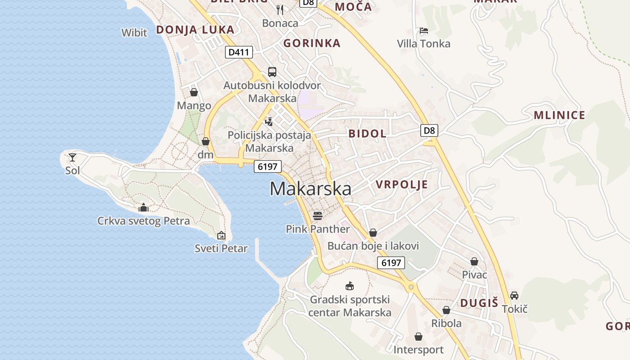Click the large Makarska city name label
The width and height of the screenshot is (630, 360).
[310, 189]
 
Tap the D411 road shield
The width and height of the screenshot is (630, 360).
[238, 52]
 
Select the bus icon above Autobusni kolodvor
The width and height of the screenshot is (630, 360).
[272, 72]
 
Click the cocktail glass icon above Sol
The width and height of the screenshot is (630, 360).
[72, 157]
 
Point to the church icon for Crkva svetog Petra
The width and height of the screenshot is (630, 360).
[144, 207]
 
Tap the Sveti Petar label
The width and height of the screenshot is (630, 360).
[221, 248]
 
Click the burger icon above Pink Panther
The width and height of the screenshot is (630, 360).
[318, 216]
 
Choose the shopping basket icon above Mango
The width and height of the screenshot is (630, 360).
[194, 92]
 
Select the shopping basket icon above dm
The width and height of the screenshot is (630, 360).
[206, 141]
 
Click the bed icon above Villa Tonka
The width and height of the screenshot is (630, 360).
[423, 31]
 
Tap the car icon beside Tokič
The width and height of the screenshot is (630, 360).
[514, 296]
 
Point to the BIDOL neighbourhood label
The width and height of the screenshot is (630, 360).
[367, 134]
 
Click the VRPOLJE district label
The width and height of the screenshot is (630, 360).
[401, 185]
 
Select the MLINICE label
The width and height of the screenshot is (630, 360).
[559, 115]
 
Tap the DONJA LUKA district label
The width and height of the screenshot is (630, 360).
[195, 30]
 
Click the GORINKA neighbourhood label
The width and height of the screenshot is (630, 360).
[311, 44]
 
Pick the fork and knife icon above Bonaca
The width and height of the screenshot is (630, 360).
[280, 9]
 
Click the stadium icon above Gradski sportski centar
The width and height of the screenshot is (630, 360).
[349, 286]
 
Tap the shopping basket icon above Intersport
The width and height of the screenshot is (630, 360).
[418, 337]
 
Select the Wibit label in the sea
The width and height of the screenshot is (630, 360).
[134, 32]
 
